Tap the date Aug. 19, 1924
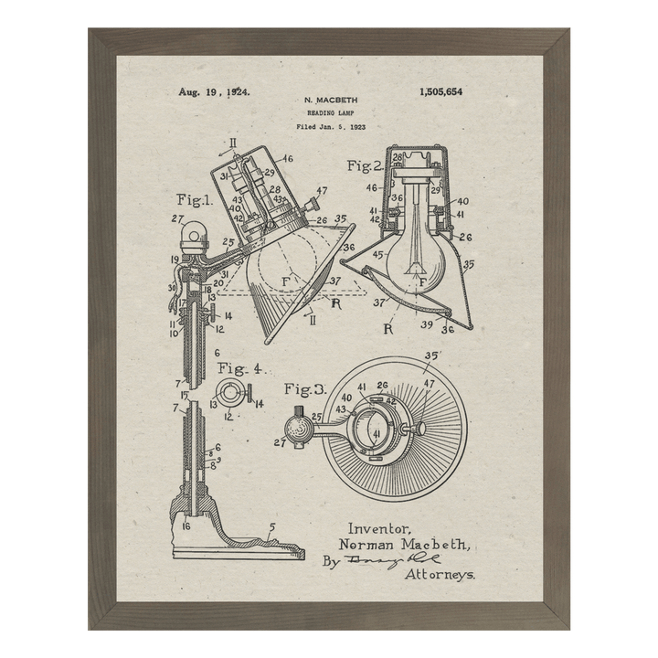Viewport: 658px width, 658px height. click(215, 92)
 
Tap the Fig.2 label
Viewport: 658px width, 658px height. click(365, 165)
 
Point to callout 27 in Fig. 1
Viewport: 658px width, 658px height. click(177, 218)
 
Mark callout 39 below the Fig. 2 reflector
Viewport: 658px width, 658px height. click(427, 324)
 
